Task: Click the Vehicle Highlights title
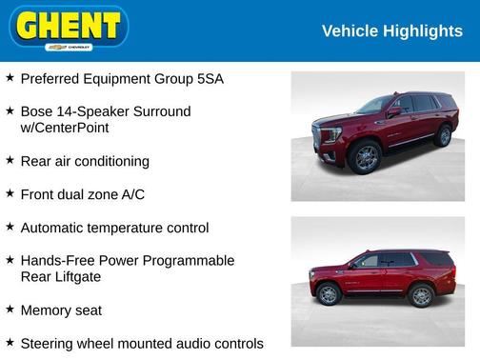391,31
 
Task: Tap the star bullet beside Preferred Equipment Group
10,78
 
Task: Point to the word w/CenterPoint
64,128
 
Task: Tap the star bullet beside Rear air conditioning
10,160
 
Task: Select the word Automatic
56,228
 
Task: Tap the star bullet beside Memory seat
10,310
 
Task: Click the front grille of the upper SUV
330,134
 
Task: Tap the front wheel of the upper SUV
367,157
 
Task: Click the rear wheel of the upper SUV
444,135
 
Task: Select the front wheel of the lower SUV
329,295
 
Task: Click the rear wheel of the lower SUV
420,295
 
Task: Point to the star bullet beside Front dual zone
10,193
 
